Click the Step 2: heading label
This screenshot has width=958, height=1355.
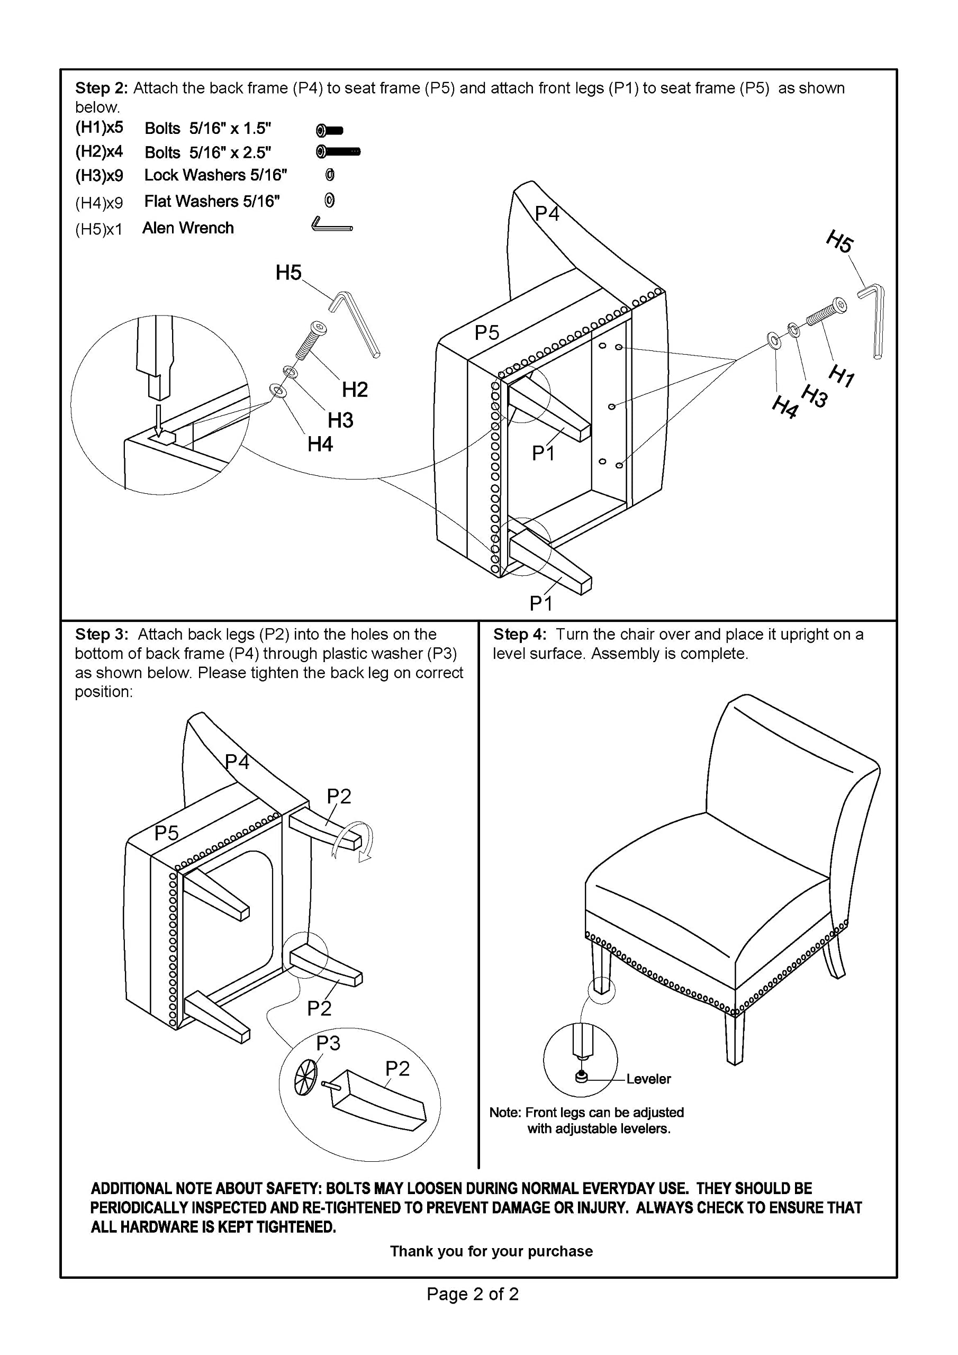click(x=101, y=88)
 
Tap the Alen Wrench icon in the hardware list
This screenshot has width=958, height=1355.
click(x=331, y=225)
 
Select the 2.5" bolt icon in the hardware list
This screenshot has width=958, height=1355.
click(x=338, y=152)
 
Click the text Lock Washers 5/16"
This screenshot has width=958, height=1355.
click(x=215, y=175)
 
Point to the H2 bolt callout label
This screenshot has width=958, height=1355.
click(x=355, y=390)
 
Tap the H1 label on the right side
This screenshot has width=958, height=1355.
click(x=841, y=376)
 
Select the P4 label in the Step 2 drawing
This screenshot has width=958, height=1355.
click(x=547, y=214)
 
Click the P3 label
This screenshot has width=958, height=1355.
click(x=328, y=1043)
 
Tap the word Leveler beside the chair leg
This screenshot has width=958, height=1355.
click(x=649, y=1079)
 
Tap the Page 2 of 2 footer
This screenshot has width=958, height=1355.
click(x=473, y=1294)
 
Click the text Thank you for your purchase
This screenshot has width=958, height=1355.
click(x=491, y=1251)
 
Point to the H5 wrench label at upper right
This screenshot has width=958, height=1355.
click(x=839, y=242)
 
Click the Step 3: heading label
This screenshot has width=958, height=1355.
click(x=102, y=635)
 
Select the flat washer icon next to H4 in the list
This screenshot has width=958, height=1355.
click(x=330, y=201)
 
